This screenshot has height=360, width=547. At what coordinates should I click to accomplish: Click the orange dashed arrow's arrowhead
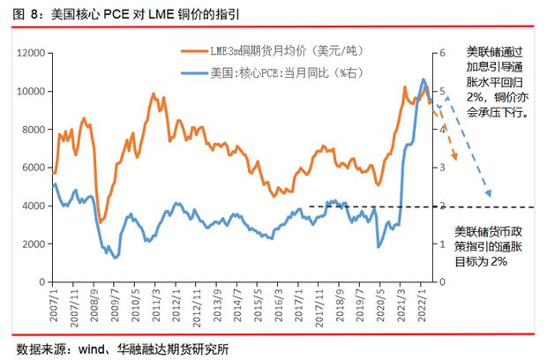[455, 158]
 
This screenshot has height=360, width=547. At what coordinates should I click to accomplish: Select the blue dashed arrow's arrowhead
[489, 195]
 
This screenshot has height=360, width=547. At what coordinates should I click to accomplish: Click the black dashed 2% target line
[371, 206]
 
